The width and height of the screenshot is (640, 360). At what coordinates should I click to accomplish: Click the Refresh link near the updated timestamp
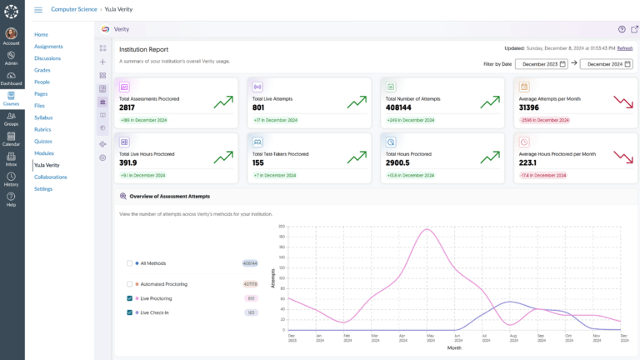coord(625,48)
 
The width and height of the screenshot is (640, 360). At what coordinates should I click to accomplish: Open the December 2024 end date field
coord(606,64)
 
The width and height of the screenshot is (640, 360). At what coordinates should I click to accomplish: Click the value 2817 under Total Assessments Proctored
coord(127,107)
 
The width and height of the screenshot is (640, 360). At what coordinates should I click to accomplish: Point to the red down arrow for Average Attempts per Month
coord(622,102)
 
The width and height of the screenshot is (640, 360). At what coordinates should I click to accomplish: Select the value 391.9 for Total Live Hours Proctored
coord(128,162)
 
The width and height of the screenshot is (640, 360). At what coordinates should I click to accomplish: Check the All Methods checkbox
coord(129,262)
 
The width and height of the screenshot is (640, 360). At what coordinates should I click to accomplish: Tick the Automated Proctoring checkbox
coord(129,284)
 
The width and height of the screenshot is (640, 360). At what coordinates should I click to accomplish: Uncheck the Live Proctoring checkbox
coord(129,298)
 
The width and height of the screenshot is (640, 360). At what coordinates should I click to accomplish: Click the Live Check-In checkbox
coord(129,312)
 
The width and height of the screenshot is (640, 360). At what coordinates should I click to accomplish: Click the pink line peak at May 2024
coord(427,229)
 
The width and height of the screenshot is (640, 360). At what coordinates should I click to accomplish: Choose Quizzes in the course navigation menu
coord(43,141)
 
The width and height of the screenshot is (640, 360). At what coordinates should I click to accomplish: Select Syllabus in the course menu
coord(43,117)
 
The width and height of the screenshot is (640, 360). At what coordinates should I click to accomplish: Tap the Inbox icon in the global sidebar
coord(11,158)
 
